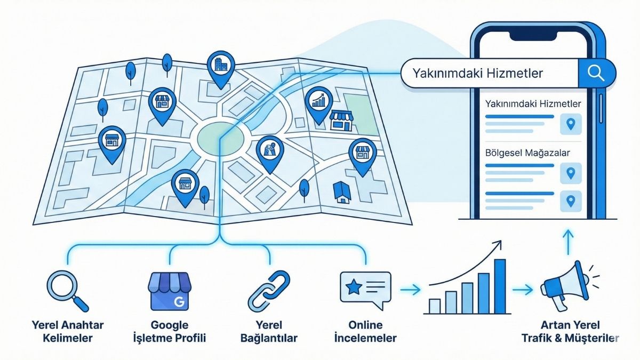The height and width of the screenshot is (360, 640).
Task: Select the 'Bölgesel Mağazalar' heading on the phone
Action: pos(527,153)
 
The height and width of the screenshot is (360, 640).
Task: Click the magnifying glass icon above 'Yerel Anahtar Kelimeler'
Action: pos(67,291)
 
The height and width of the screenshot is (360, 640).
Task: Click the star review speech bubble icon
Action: pos(365,290)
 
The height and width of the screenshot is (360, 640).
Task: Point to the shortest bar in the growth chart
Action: pos(435,306)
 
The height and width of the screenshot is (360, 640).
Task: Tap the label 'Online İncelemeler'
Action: pos(365,331)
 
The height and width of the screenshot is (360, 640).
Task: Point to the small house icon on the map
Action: pos(342,192)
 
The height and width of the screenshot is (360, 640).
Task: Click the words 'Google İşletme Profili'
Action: pos(170,331)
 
